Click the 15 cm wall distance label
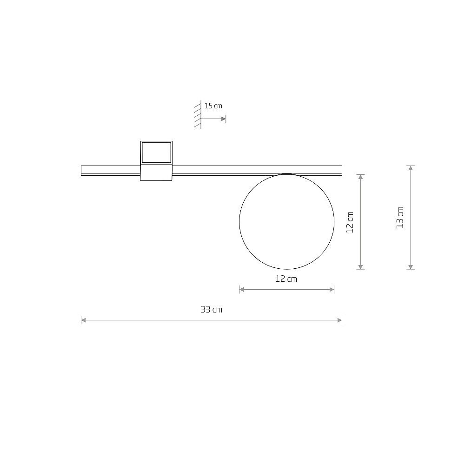coord(213,106)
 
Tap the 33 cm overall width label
coord(212,310)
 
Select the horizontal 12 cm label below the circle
coord(286,279)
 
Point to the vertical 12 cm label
coord(350,222)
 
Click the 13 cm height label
coord(400,217)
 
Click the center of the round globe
coord(287,221)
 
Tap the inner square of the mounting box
coord(157,153)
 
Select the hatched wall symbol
coord(198,115)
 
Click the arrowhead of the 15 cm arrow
coord(224,119)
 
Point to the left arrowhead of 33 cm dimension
coord(84,320)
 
